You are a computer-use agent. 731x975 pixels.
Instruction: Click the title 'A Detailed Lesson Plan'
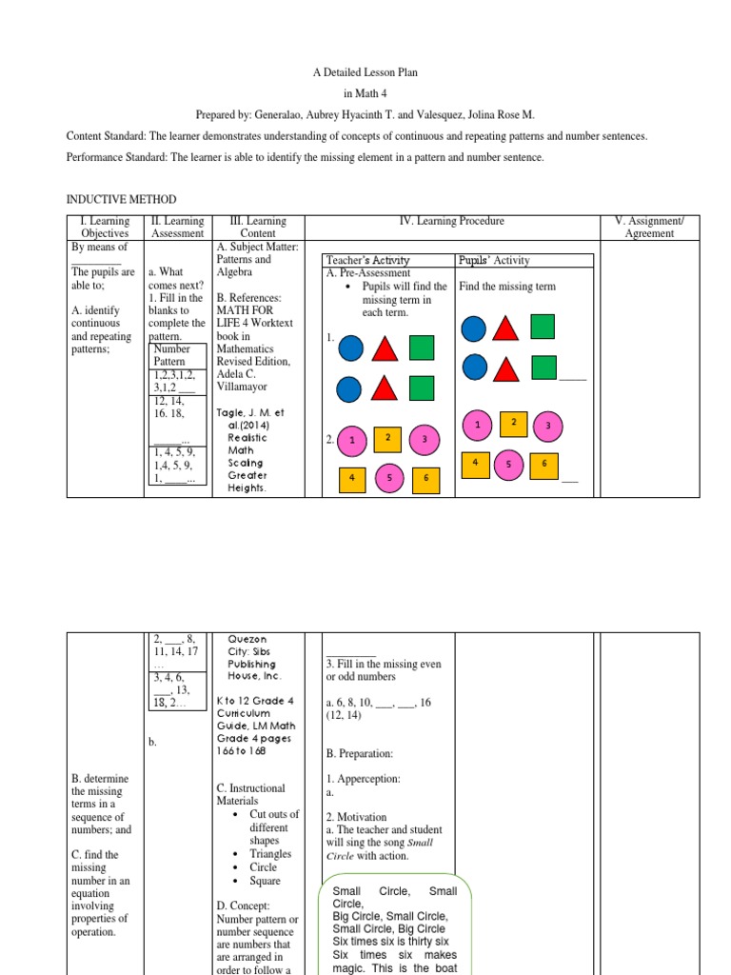tap(365, 72)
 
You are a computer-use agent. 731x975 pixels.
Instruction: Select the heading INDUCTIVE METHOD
tap(121, 199)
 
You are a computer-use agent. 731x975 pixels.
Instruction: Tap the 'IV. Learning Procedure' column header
tap(453, 221)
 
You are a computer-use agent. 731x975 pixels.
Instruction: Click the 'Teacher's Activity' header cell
tap(367, 260)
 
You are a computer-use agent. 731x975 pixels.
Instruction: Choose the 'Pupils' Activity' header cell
tap(495, 260)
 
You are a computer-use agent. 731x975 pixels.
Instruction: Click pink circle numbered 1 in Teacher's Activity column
tap(352, 439)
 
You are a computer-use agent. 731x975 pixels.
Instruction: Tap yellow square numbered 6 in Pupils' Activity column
tap(544, 464)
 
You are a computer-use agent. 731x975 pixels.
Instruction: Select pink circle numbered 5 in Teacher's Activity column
tap(389, 481)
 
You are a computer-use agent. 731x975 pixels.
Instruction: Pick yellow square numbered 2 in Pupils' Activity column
tap(513, 422)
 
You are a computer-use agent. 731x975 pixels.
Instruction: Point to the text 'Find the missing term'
tap(507, 286)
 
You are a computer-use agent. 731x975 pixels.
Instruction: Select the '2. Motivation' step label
tap(356, 817)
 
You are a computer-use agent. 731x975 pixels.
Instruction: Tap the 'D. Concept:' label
tap(243, 905)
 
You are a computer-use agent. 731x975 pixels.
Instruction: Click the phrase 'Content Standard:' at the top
tap(109, 136)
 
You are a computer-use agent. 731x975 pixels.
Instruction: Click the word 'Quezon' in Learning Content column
tap(246, 640)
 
